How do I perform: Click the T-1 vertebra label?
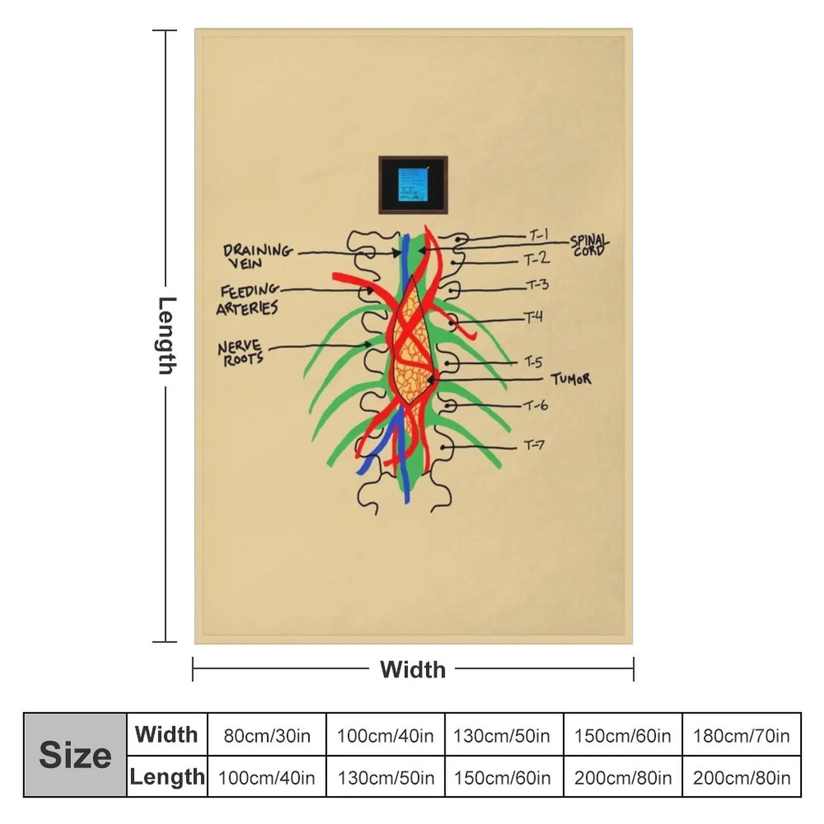coord(539,236)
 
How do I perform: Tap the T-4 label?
coord(534,317)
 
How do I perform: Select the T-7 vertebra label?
coord(534,444)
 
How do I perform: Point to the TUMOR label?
coord(571,380)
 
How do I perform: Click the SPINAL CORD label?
coord(589,246)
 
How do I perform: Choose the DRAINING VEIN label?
coord(257,256)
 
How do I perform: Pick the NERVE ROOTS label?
coord(240,353)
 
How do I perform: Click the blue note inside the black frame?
coord(413,184)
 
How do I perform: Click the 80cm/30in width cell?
coord(267,735)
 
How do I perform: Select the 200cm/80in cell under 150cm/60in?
coord(623,777)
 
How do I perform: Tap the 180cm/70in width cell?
coord(741,735)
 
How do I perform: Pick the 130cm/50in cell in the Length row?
coord(386,777)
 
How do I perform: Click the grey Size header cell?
coord(75,755)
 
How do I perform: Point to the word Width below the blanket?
coord(413,669)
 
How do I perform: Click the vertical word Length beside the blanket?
coord(166,335)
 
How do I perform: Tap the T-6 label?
coord(536,406)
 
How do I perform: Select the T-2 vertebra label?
coord(537,259)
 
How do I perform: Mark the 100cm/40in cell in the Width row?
coord(385,735)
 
